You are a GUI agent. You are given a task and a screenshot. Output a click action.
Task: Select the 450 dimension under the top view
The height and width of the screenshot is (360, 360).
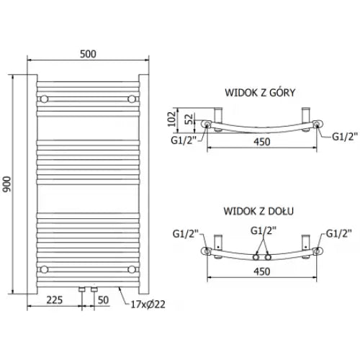pyautogui.click(x=262, y=142)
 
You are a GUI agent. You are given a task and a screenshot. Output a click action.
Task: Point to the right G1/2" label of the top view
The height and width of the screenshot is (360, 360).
pyautogui.click(x=342, y=138)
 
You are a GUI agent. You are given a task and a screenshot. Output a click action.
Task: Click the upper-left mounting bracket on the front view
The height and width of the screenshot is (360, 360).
pyautogui.click(x=45, y=97)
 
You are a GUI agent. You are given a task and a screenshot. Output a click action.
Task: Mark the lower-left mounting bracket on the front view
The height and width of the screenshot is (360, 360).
pyautogui.click(x=45, y=269)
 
